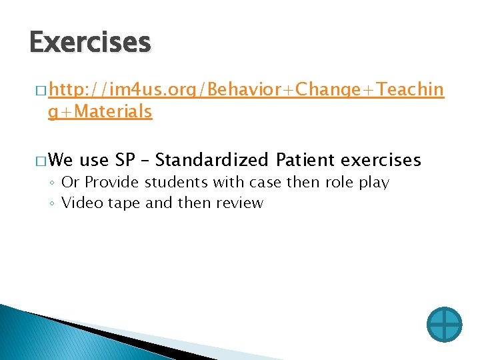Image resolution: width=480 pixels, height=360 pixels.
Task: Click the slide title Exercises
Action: tap(90, 43)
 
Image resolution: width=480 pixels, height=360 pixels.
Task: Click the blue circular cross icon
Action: tap(444, 325)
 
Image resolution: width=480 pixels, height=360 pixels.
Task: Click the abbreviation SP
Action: tap(125, 160)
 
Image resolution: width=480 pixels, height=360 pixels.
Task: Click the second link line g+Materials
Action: tap(100, 112)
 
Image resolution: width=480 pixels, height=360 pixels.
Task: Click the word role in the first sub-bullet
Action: tap(338, 183)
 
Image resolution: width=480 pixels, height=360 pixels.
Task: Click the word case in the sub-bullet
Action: tap(265, 183)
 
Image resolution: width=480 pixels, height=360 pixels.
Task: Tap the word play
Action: tap(373, 183)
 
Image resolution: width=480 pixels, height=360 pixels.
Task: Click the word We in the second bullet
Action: tap(61, 160)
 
